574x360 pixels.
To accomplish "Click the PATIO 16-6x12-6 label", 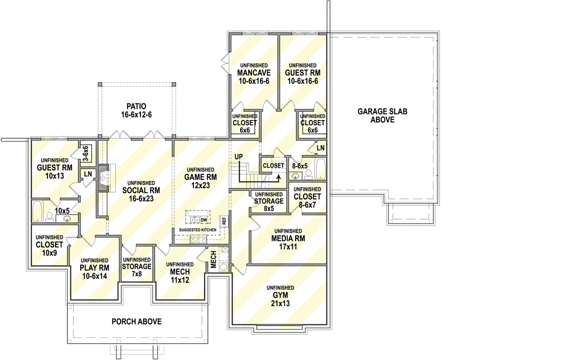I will [136, 110].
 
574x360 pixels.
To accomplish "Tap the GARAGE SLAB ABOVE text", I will [382, 115].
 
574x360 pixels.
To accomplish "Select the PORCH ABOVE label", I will [136, 322].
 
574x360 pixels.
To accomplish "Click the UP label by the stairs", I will [239, 156].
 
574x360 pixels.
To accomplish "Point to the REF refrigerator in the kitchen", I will [224, 220].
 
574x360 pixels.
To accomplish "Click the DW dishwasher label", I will [204, 220].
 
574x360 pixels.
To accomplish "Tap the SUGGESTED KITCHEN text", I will [198, 230].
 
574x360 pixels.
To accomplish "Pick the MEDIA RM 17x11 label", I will [289, 242].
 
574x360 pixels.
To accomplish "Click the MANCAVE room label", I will [253, 73].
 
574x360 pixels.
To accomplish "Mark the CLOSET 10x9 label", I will [50, 248].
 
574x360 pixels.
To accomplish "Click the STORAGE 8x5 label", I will [269, 201].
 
